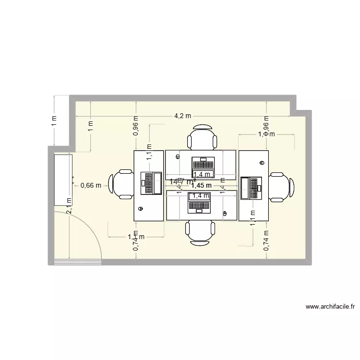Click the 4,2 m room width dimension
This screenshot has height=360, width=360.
point(182,116)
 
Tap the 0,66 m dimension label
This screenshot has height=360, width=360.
point(91,185)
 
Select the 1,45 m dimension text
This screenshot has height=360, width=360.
point(201,185)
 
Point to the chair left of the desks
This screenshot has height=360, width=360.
point(121,184)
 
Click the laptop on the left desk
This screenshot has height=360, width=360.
point(151,183)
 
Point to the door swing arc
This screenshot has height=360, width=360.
point(91,226)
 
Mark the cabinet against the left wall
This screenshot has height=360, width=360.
point(63,180)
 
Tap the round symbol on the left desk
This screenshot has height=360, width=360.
point(141,208)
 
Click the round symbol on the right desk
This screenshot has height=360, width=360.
point(262,162)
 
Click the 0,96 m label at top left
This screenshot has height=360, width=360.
point(136,126)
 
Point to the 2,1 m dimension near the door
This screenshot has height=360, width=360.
point(69,205)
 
